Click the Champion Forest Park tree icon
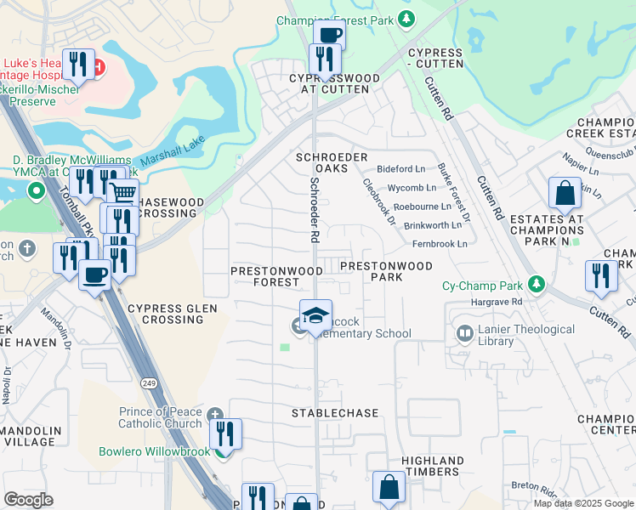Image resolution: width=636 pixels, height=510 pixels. coord(406,18)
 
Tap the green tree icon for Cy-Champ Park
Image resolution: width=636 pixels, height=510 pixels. coord(536,284)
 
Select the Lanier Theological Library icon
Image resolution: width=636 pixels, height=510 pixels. coord(465,334)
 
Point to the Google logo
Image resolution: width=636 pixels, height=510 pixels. coord(29,500)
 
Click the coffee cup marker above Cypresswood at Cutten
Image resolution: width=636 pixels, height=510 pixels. coord(328,36)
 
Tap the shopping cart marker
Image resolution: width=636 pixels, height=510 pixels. coord(123,193)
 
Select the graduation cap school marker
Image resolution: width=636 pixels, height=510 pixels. coord(315,315)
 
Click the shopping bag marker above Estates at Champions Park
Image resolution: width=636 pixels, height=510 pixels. coord(565,195)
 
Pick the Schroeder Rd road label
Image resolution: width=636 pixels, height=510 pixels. coord(315,210)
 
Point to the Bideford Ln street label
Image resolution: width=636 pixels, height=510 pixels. coord(400,170)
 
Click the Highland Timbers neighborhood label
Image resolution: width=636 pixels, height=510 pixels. coord(427,466)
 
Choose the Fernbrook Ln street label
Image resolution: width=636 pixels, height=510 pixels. coord(439,244)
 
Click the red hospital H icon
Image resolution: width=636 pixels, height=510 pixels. coord(99,66)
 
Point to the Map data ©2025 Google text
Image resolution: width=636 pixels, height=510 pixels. coord(582,502)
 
